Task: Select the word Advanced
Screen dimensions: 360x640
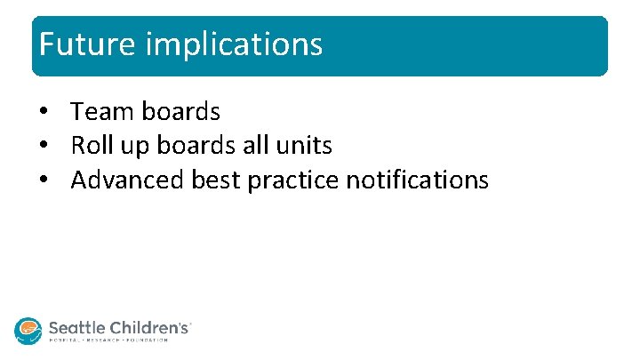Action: pos(128,180)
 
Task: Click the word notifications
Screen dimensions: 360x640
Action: pos(417,180)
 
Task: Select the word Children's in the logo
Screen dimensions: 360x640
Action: pos(147,327)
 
